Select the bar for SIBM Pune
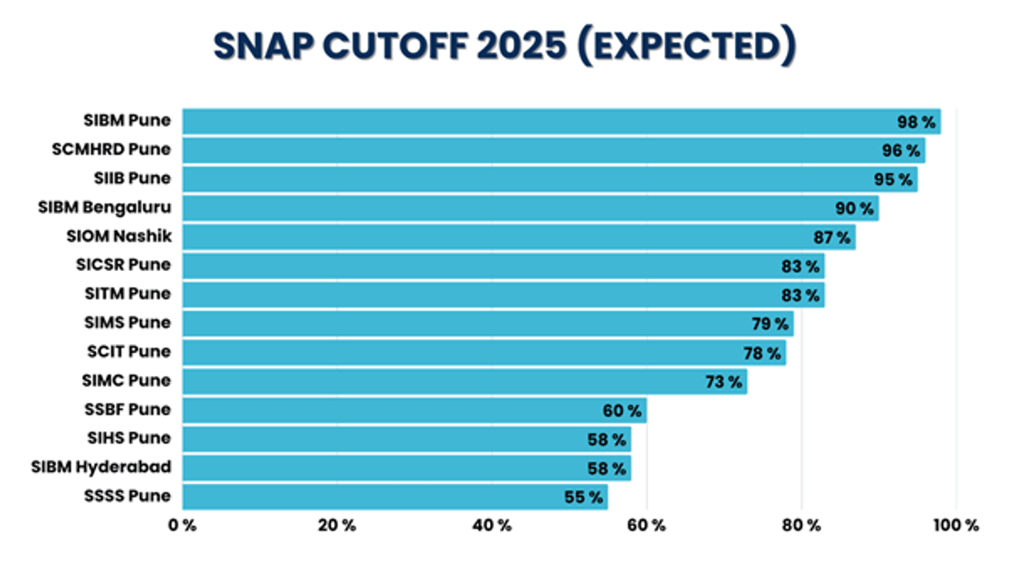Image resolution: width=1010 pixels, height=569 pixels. (x=539, y=121)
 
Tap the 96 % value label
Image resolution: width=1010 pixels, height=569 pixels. (x=901, y=151)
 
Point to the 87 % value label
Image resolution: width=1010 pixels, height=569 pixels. (x=832, y=237)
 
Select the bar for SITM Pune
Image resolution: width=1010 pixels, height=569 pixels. (x=488, y=295)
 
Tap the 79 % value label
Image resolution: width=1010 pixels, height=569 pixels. (x=769, y=323)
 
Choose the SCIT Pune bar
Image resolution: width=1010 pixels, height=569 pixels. (x=471, y=353)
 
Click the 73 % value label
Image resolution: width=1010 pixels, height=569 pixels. (x=724, y=382)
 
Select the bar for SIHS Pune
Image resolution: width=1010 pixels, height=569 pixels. (x=396, y=439)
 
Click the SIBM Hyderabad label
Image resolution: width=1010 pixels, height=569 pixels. (x=101, y=467)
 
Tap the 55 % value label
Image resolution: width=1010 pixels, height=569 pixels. (x=583, y=497)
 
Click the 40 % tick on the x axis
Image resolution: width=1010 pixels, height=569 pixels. (x=492, y=526)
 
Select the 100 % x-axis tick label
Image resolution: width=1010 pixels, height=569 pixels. (x=955, y=526)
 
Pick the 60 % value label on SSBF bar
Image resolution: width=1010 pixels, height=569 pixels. (x=622, y=411)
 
